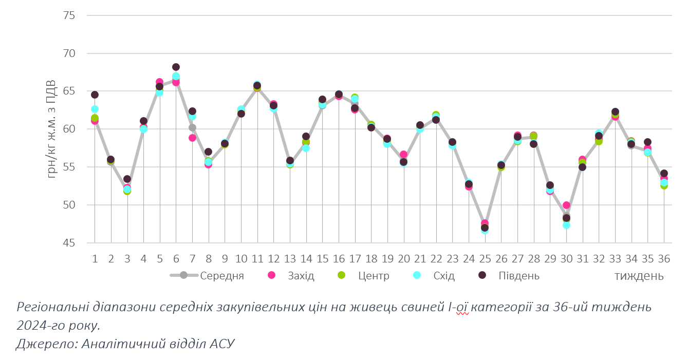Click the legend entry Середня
pos(221,276)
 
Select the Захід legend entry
pos(301,276)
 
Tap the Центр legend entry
pos(374,276)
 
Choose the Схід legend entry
pos(444,276)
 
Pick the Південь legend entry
pos(518,276)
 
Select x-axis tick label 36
pos(664,258)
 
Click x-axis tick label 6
pos(176,258)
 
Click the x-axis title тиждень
pos(639,276)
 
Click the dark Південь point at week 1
pos(95,94)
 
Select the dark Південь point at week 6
pos(176,67)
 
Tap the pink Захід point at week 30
pos(566,205)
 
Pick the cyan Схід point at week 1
pos(95,109)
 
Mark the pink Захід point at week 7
pos(192,138)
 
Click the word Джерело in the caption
pos(46,344)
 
